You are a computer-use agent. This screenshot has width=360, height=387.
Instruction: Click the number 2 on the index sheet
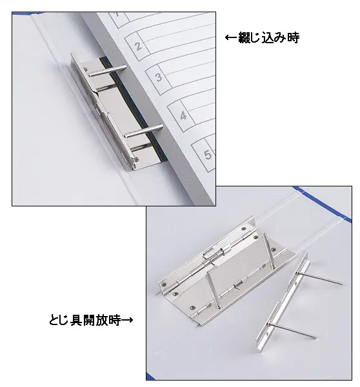tap(138, 46)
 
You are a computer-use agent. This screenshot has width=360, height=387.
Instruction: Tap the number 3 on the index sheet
tap(159, 77)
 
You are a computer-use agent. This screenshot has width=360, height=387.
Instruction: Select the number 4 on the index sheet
tap(183, 115)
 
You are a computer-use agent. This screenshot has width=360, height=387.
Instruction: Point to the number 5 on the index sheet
tap(208, 155)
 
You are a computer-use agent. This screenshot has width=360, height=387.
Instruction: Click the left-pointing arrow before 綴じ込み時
tap(231, 38)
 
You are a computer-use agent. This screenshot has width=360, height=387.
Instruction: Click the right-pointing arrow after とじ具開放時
tap(127, 321)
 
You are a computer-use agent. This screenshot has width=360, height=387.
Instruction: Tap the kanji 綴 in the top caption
tap(245, 38)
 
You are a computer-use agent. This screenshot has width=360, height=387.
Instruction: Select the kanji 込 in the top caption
tap(268, 38)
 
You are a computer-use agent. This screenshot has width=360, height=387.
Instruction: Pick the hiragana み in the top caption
tap(281, 38)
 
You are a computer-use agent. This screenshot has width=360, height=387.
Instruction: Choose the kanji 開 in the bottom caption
tap(90, 321)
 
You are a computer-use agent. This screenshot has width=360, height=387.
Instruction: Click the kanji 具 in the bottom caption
tap(77, 321)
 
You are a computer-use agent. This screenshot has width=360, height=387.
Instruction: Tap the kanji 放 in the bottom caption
tap(102, 321)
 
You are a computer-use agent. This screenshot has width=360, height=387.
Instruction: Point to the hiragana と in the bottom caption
tap(54, 321)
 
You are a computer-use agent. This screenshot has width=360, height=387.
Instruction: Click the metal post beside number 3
tap(106, 70)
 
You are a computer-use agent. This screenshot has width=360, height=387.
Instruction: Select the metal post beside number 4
tap(144, 131)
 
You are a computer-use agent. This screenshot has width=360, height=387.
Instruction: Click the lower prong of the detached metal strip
tap(292, 330)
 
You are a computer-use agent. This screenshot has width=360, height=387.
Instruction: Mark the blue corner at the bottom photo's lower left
tap(150, 376)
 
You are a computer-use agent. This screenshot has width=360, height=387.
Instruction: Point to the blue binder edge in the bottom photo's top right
tap(323, 203)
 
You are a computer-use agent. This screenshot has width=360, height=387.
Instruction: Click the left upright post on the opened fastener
tap(213, 290)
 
